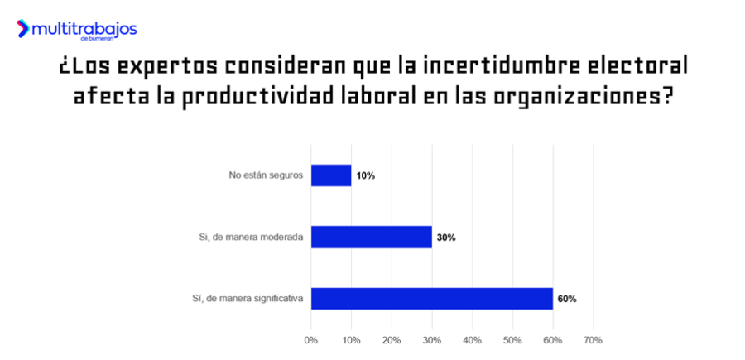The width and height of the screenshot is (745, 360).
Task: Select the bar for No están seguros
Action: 331,175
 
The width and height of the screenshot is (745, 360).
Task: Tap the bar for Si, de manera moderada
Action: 372,237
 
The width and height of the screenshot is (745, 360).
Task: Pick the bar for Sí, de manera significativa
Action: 432,299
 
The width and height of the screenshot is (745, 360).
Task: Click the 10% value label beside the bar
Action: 366,176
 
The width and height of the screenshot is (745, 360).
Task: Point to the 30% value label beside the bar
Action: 446,238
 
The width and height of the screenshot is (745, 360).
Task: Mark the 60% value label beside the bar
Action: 567,299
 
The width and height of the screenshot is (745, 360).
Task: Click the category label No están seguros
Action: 267,175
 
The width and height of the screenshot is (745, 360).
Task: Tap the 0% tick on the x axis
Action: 311,340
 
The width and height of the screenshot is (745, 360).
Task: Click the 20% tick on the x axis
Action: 392,340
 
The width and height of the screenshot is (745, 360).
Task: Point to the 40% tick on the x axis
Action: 472,340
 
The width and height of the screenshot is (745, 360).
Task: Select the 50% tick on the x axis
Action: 512,340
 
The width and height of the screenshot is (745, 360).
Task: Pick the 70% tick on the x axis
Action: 593,340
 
